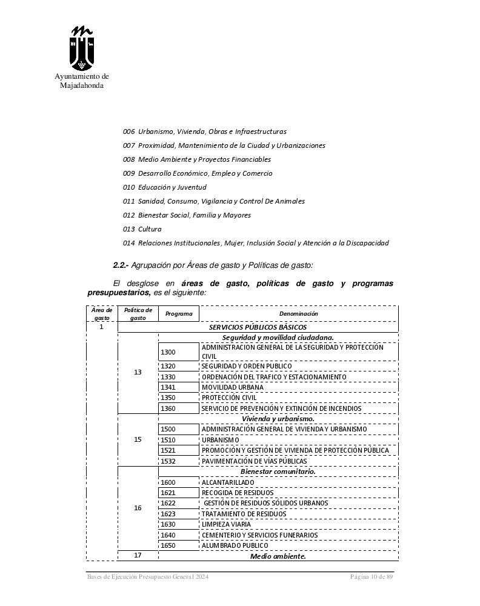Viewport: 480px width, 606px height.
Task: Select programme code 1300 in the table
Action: [168, 352]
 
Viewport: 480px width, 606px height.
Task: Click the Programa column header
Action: [179, 314]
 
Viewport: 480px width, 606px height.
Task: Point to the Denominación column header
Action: [298, 314]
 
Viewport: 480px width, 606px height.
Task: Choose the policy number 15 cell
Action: [138, 439]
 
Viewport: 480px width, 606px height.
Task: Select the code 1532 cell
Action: [168, 461]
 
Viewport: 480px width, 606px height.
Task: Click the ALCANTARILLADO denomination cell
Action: [228, 482]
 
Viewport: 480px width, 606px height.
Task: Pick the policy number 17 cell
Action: [138, 556]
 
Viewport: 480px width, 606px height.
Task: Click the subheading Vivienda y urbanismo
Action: [278, 419]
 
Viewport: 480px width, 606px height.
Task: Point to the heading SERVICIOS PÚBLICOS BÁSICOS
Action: [258, 327]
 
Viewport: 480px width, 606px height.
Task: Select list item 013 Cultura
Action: [142, 229]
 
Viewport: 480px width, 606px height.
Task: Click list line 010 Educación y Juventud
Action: [164, 187]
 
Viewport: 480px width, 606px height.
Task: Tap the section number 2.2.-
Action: [121, 265]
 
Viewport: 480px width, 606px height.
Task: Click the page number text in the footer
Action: [372, 576]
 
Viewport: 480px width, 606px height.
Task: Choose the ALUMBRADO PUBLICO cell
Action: [235, 545]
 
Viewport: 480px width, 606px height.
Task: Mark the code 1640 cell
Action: [168, 535]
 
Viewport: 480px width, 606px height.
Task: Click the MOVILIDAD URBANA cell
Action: [232, 387]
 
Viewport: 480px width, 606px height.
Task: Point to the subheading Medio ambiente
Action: [278, 556]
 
